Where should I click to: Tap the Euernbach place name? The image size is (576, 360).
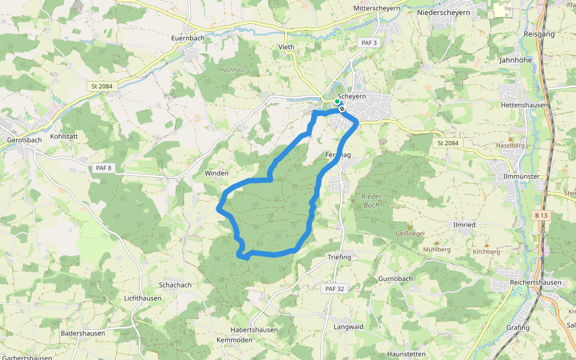click(188, 38)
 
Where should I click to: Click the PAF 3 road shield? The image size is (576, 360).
click(369, 43)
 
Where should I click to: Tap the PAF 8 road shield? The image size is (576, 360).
click(103, 168)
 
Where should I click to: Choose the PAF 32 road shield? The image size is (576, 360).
click(335, 289)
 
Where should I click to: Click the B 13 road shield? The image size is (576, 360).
click(541, 215)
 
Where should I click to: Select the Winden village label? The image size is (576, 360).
click(217, 173)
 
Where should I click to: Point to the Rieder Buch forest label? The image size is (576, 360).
click(371, 200)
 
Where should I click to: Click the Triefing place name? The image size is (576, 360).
click(339, 257)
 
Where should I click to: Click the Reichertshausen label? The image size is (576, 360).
click(535, 283)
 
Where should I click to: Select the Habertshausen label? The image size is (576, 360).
click(254, 330)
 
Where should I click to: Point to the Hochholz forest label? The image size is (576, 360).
click(230, 70)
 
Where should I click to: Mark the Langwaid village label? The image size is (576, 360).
click(349, 327)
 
